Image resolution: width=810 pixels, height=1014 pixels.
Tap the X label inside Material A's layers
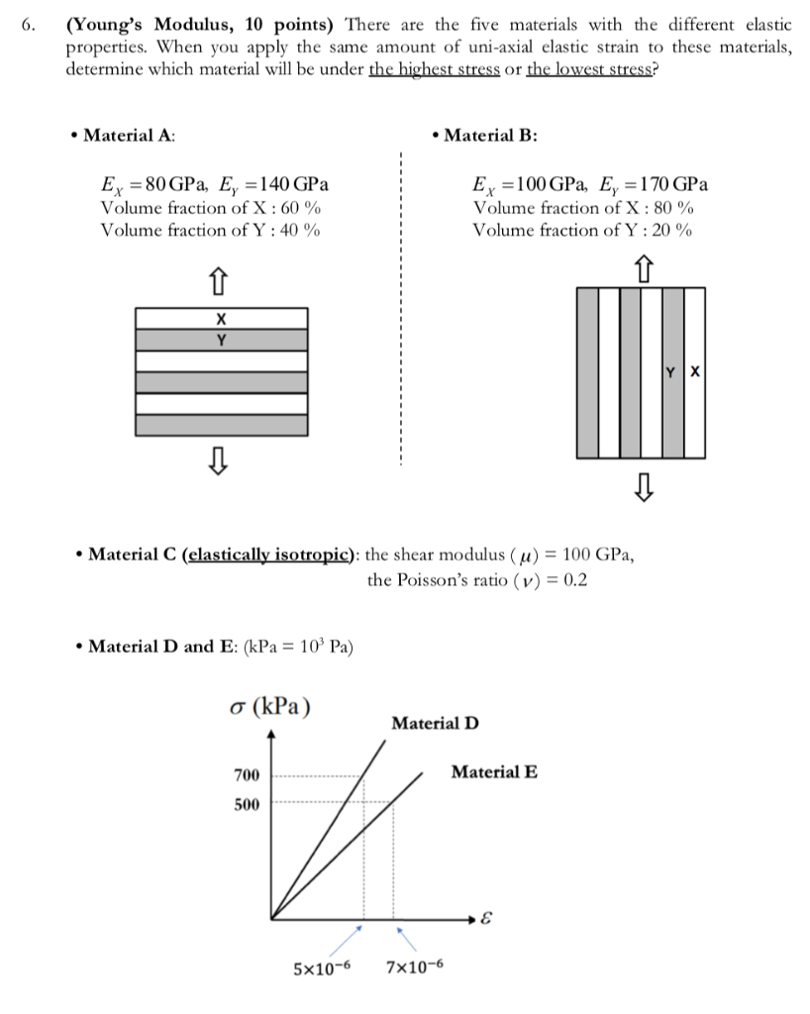(x=221, y=319)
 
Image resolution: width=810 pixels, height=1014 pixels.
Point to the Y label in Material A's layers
(x=221, y=340)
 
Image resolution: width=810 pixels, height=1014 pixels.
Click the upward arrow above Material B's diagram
(x=644, y=264)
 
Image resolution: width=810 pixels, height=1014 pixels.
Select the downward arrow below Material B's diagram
(x=644, y=486)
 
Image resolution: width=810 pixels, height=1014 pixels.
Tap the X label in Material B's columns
(x=694, y=373)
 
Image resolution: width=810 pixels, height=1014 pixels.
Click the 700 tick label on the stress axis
(x=247, y=773)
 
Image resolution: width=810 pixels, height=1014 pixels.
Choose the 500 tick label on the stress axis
(x=247, y=804)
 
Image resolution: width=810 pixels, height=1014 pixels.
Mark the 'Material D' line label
(x=435, y=723)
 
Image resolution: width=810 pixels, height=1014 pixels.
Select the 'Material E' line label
(x=494, y=772)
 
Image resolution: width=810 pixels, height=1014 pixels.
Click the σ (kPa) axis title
(x=268, y=709)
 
